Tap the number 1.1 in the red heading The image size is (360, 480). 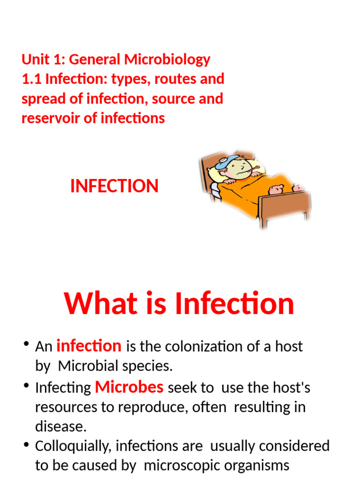[31, 79]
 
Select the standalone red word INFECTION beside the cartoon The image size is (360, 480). [114, 186]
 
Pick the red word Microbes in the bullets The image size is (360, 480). [129, 387]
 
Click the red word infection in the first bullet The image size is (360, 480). [89, 346]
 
